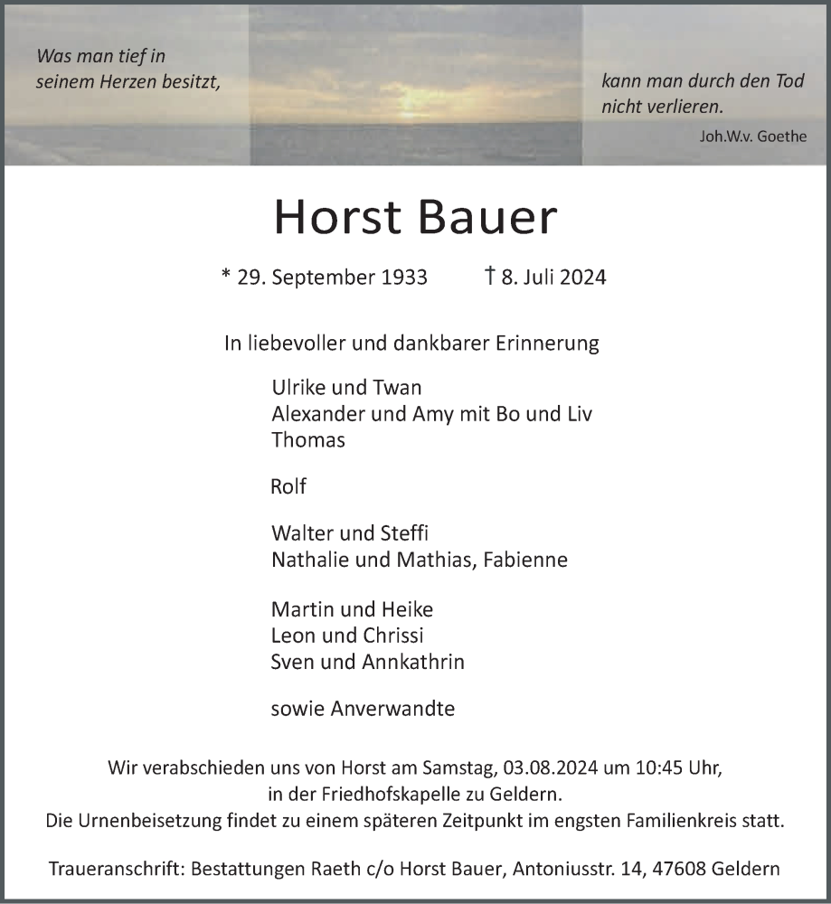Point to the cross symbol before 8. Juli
pyautogui.click(x=489, y=276)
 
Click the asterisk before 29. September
pyautogui.click(x=225, y=276)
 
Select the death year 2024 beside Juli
pyautogui.click(x=582, y=277)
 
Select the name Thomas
pyautogui.click(x=307, y=440)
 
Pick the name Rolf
pyautogui.click(x=288, y=486)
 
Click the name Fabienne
pyautogui.click(x=525, y=560)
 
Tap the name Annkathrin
pyautogui.click(x=413, y=662)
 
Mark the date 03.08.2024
pyautogui.click(x=548, y=769)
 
